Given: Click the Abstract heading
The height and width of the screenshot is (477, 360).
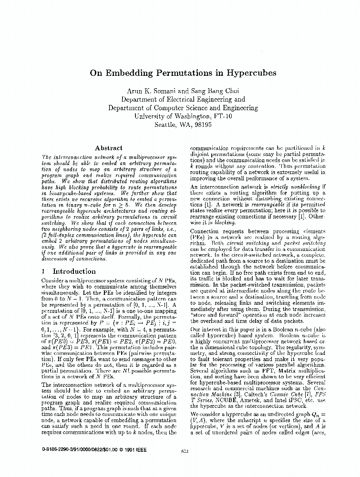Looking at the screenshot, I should pos(109,148).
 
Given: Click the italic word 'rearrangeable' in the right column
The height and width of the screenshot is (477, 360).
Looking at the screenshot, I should pos(251,204).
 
